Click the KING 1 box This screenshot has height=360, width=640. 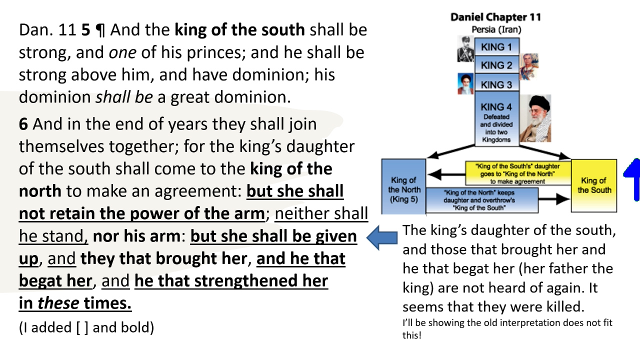tap(496, 47)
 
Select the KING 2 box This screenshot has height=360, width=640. tap(496, 65)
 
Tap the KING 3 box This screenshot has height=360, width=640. tap(496, 84)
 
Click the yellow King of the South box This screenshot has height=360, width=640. tap(594, 185)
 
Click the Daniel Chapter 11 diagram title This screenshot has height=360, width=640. tap(495, 17)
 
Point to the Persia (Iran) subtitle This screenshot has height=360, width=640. tap(496, 29)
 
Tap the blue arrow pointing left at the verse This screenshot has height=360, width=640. tap(382, 236)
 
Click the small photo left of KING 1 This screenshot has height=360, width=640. tap(465, 49)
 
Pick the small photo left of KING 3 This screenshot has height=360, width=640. tap(465, 84)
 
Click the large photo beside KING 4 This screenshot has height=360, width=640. tap(535, 118)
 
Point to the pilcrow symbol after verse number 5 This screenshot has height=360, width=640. tap(100, 31)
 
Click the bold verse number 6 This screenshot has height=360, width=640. tap(23, 124)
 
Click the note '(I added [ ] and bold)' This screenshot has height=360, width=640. tap(86, 327)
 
